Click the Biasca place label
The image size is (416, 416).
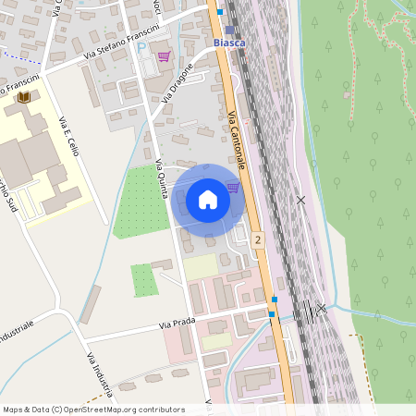pyautogui.click(x=229, y=43)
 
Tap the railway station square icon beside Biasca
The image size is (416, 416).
pyautogui.click(x=229, y=30)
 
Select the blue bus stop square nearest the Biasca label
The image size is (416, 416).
pyautogui.click(x=220, y=12)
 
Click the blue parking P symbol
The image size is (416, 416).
pyautogui.click(x=141, y=45)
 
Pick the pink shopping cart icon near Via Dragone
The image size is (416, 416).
pyautogui.click(x=164, y=56)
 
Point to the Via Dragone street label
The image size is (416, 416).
pyautogui.click(x=178, y=83)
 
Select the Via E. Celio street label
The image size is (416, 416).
pyautogui.click(x=67, y=137)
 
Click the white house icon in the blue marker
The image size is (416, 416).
pyautogui.click(x=208, y=199)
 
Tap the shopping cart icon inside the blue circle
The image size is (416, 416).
pyautogui.click(x=233, y=188)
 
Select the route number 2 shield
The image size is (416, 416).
pyautogui.click(x=256, y=239)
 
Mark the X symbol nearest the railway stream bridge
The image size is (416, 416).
pyautogui.click(x=321, y=308)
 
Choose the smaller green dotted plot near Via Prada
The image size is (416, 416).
pyautogui.click(x=143, y=280)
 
